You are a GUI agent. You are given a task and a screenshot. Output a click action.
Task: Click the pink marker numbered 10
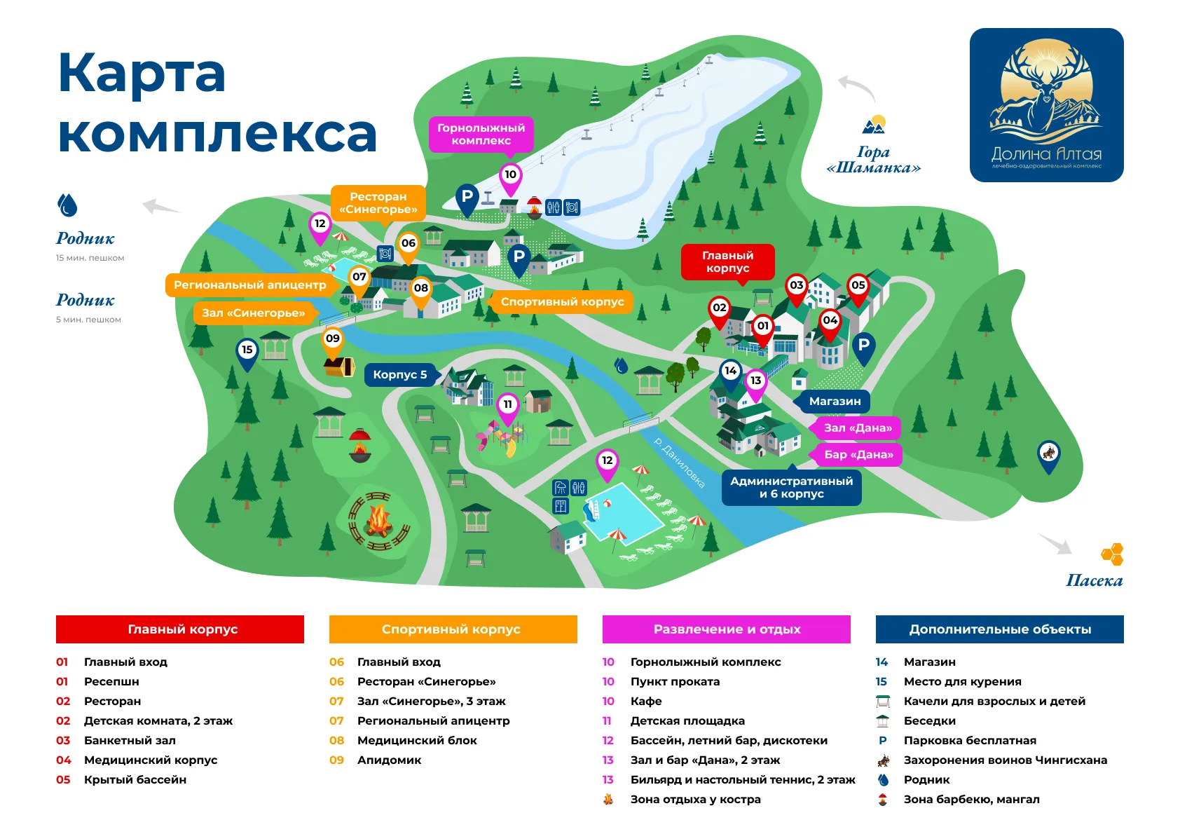click(x=510, y=175)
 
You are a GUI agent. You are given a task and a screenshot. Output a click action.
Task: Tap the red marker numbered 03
click(x=796, y=286)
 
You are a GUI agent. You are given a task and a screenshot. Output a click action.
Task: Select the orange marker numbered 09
click(x=332, y=339)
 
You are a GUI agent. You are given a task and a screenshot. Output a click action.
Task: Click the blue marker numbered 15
click(x=247, y=350)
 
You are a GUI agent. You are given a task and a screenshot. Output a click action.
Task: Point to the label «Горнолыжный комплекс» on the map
click(x=481, y=134)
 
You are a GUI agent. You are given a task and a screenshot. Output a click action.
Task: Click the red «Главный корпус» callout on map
click(x=727, y=262)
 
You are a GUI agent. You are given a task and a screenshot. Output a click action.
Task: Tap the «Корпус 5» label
click(x=399, y=375)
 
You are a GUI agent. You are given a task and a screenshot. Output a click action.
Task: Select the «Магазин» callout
click(x=834, y=402)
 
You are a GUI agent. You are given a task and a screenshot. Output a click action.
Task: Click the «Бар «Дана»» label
click(x=858, y=455)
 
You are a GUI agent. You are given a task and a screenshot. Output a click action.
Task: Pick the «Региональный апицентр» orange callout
click(x=249, y=285)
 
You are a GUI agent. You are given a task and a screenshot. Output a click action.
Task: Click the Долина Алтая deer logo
click(x=1046, y=105)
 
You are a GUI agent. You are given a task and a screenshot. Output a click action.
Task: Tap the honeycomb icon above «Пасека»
click(x=1112, y=554)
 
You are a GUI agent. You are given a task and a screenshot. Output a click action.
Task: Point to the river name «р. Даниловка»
click(x=678, y=462)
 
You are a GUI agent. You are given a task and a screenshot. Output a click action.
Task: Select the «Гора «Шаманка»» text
click(x=873, y=160)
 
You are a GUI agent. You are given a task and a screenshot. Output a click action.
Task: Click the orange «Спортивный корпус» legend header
click(x=453, y=629)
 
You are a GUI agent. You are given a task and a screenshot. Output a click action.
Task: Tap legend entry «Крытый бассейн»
click(x=135, y=780)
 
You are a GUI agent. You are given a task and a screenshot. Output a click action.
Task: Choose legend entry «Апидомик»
click(x=389, y=760)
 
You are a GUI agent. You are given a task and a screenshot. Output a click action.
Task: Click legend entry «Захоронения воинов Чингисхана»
click(x=1005, y=760)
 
